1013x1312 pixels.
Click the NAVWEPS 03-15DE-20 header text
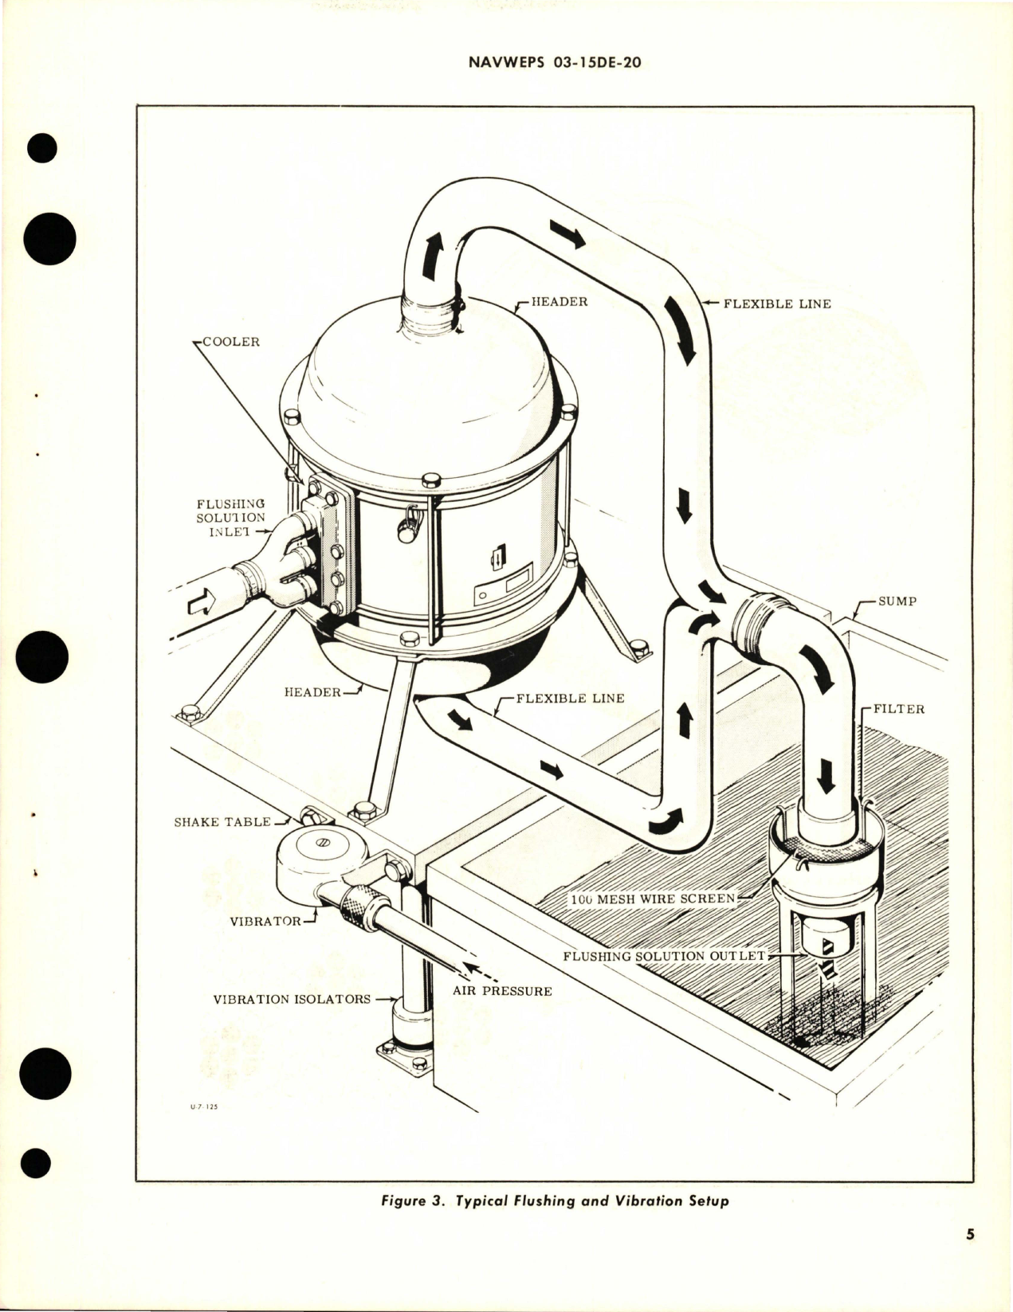pos(550,63)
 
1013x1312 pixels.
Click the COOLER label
pos(231,342)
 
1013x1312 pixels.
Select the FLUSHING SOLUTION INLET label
pos(230,518)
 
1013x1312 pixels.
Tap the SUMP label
pos(897,601)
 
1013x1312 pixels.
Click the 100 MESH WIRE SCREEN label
pos(652,899)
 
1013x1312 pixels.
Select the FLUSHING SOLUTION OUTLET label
pos(663,955)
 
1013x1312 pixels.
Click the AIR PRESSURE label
pos(502,991)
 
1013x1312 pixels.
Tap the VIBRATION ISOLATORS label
pos(291,999)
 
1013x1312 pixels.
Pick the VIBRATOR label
pos(265,921)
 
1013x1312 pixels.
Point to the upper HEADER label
pos(559,302)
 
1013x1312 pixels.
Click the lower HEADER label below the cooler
pos(312,691)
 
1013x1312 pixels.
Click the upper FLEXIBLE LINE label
pos(776,304)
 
